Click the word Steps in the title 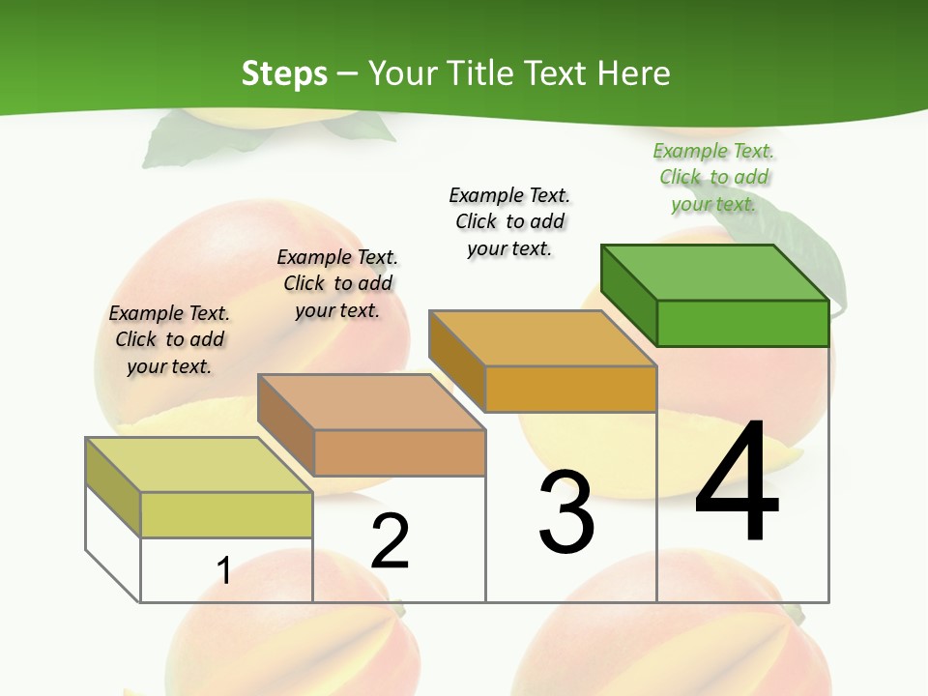pyautogui.click(x=284, y=73)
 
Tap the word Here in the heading pyautogui.click(x=634, y=73)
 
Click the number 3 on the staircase pyautogui.click(x=566, y=512)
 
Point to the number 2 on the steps pyautogui.click(x=390, y=540)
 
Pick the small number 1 pyautogui.click(x=224, y=570)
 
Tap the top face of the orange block pyautogui.click(x=542, y=338)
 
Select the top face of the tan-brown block pyautogui.click(x=371, y=402)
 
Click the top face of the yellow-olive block pyautogui.click(x=199, y=465)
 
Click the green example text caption pyautogui.click(x=713, y=177)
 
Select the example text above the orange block pyautogui.click(x=509, y=221)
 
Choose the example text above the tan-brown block pyautogui.click(x=337, y=283)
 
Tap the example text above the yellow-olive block pyautogui.click(x=169, y=339)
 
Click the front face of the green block pyautogui.click(x=742, y=323)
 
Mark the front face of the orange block pyautogui.click(x=570, y=389)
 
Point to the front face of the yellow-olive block pyautogui.click(x=226, y=514)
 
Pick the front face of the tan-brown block pyautogui.click(x=399, y=452)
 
